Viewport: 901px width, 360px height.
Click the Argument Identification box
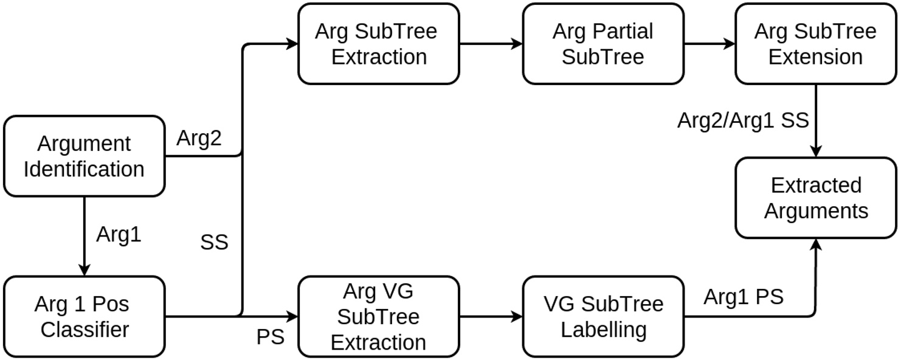pyautogui.click(x=85, y=156)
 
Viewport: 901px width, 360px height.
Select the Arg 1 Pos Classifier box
pyautogui.click(x=85, y=317)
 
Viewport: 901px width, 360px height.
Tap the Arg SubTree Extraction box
pyautogui.click(x=378, y=44)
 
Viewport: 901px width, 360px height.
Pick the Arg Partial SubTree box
pyautogui.click(x=602, y=44)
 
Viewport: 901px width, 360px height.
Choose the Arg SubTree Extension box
pyautogui.click(x=815, y=44)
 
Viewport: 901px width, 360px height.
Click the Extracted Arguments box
pyautogui.click(x=815, y=198)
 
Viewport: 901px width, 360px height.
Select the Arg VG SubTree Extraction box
pyautogui.click(x=378, y=317)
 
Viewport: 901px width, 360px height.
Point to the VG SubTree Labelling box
pyautogui.click(x=602, y=317)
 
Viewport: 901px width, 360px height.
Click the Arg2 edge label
pyautogui.click(x=199, y=139)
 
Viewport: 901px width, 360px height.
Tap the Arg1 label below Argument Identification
pyautogui.click(x=119, y=235)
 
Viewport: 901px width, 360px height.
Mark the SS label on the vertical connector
pyautogui.click(x=214, y=243)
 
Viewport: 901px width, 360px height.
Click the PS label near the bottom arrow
pyautogui.click(x=270, y=336)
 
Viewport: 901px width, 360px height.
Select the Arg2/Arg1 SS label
pyautogui.click(x=743, y=120)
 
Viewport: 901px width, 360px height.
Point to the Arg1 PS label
pyautogui.click(x=743, y=297)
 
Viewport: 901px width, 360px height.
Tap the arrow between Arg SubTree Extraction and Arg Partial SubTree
pyautogui.click(x=490, y=44)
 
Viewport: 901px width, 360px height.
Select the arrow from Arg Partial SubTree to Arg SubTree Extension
pyautogui.click(x=709, y=44)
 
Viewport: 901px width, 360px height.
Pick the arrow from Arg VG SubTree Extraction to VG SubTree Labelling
pyautogui.click(x=490, y=317)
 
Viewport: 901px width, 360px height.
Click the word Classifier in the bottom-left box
pyautogui.click(x=85, y=330)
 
